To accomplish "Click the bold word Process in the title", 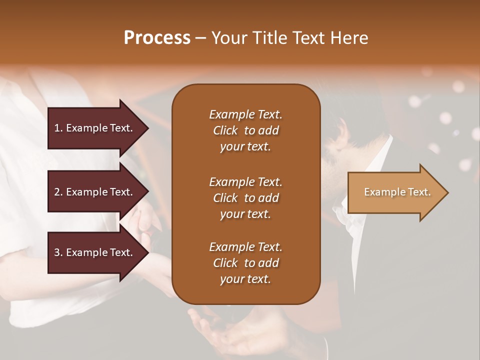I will (157, 38).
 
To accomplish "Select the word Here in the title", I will (349, 38).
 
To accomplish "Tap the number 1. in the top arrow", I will (58, 128).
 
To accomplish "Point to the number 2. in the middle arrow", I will (58, 192).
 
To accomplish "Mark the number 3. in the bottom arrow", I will (58, 252).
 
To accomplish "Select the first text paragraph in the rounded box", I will (245, 130).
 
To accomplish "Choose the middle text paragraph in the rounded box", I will (245, 198).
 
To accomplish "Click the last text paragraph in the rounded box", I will (245, 263).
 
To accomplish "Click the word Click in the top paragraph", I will (225, 130).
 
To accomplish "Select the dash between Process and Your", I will (200, 38).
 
